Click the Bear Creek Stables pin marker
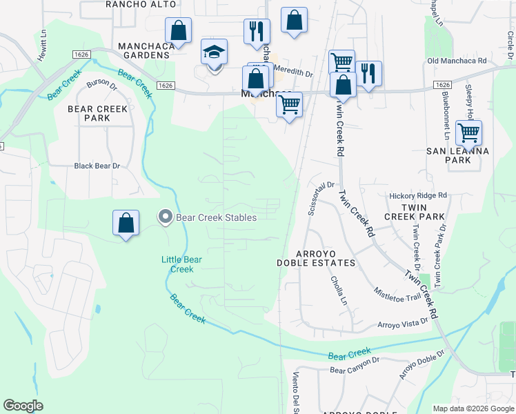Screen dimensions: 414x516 165,217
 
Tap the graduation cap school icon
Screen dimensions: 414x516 214,52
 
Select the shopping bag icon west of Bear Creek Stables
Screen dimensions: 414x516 126,223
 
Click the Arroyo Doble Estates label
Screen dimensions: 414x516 316,258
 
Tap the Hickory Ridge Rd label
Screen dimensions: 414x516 418,196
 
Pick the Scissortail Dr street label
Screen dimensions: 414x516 321,199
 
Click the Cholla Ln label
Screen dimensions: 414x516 337,284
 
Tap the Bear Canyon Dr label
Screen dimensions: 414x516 355,366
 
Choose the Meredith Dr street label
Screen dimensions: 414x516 294,71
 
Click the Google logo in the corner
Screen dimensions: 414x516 23,406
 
